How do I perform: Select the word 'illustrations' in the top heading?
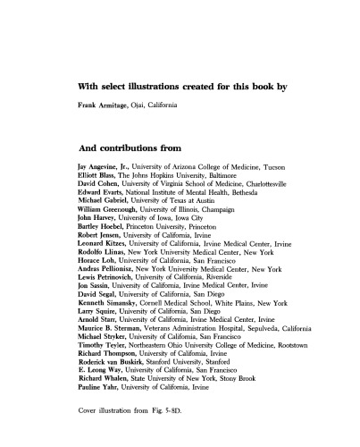155,87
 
